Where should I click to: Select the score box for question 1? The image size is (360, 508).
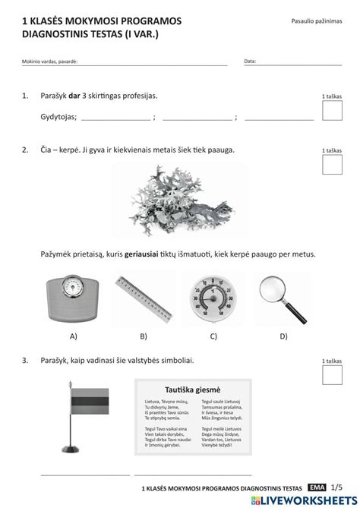click(x=332, y=111)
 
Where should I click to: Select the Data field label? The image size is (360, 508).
click(x=250, y=61)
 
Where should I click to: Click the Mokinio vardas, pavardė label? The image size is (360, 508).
click(x=49, y=61)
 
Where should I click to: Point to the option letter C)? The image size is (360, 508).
click(x=213, y=335)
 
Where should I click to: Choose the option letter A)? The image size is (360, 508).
click(x=73, y=335)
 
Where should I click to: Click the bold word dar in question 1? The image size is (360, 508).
click(x=74, y=96)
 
